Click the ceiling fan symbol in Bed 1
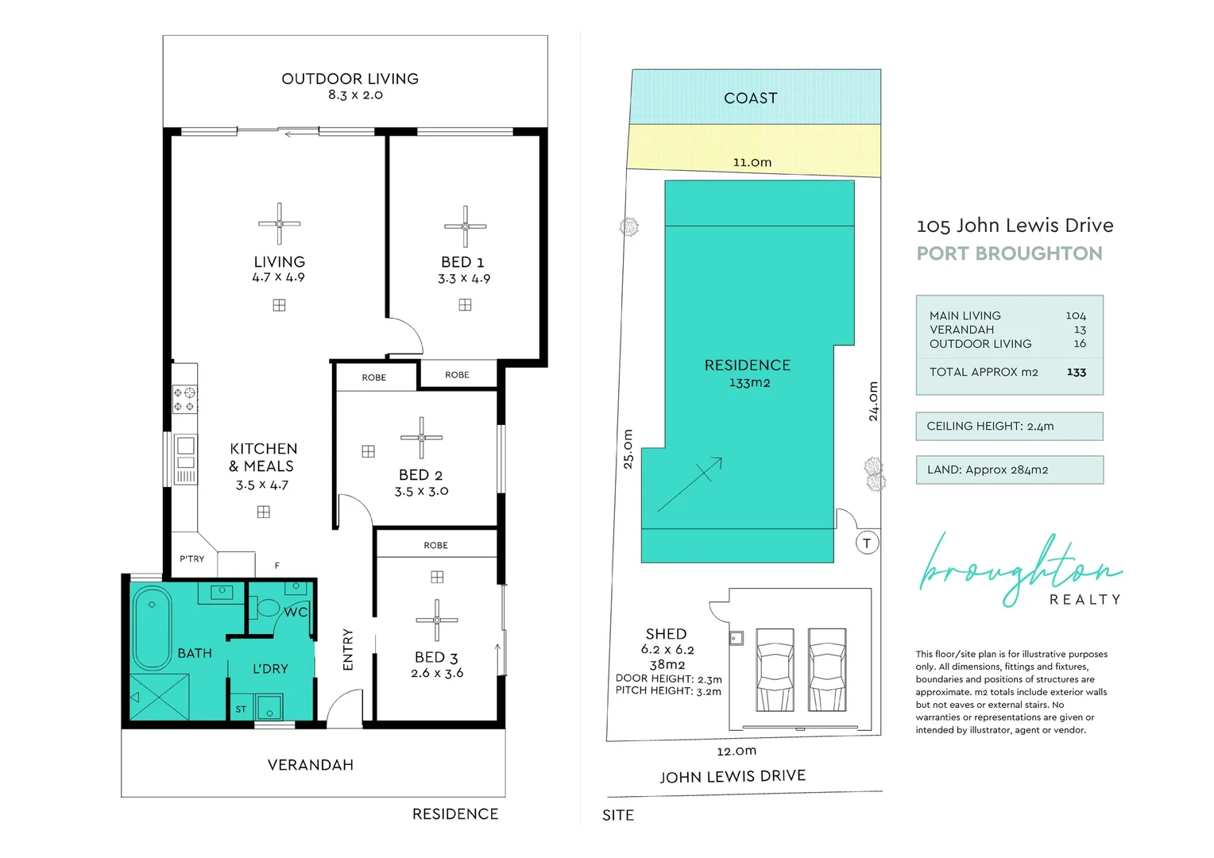coord(466,226)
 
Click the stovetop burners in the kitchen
coord(185,399)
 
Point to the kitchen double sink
coord(185,453)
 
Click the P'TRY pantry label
coord(191,558)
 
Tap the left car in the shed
coord(775,669)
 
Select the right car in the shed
coord(827,669)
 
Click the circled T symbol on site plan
coord(867,543)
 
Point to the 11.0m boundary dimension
coord(752,162)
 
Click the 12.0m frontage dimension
coord(737,751)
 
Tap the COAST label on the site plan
coord(750,98)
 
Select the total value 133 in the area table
coord(1076,372)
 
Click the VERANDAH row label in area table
coord(961,330)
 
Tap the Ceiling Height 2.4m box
coord(1009,426)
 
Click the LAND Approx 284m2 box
coord(1009,470)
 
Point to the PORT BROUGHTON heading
coord(1009,253)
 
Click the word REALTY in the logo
coord(1084,600)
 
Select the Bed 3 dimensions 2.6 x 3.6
coord(437,673)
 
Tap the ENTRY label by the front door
coord(348,649)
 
